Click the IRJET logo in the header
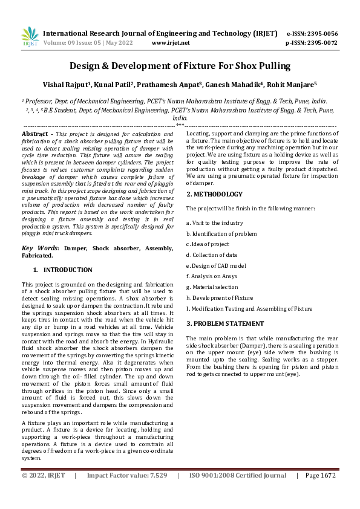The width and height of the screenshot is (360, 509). (x=30, y=37)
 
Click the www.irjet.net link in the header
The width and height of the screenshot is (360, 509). (x=171, y=43)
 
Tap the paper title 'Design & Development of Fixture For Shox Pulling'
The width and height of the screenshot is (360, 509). (x=180, y=66)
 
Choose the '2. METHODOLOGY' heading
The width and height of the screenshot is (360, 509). (x=214, y=194)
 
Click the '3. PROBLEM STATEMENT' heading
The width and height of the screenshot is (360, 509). (x=225, y=324)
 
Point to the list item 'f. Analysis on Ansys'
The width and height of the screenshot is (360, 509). (x=212, y=276)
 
